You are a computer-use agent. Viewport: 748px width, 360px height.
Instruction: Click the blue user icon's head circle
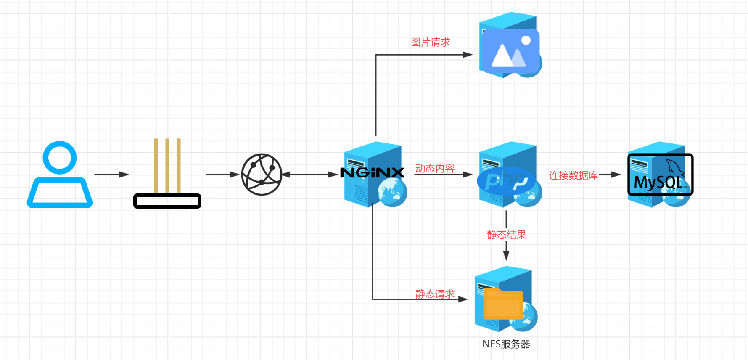click(60, 157)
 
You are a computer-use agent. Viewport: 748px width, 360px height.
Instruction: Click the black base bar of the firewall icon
click(167, 201)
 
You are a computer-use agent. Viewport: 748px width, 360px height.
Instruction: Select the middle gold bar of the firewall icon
click(167, 166)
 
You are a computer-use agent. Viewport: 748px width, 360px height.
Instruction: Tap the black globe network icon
click(262, 174)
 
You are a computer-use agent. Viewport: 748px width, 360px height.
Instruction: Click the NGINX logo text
click(372, 173)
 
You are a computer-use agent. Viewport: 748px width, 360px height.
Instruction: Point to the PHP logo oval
click(506, 181)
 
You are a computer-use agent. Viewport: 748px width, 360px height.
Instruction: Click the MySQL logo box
click(660, 175)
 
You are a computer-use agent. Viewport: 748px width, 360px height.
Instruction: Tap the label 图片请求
click(430, 42)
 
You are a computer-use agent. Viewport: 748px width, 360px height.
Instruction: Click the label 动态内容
click(435, 168)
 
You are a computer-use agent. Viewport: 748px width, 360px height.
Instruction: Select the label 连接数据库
click(573, 175)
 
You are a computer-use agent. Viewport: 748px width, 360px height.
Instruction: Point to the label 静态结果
click(506, 235)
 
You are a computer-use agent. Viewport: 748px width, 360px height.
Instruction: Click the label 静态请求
click(435, 294)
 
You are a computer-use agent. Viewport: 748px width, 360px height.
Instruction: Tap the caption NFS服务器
click(506, 344)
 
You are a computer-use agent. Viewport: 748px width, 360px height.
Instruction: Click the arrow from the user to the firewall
click(111, 174)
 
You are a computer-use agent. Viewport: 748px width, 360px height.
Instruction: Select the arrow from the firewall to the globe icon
click(222, 174)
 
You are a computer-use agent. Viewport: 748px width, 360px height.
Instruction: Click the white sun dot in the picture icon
click(526, 40)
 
